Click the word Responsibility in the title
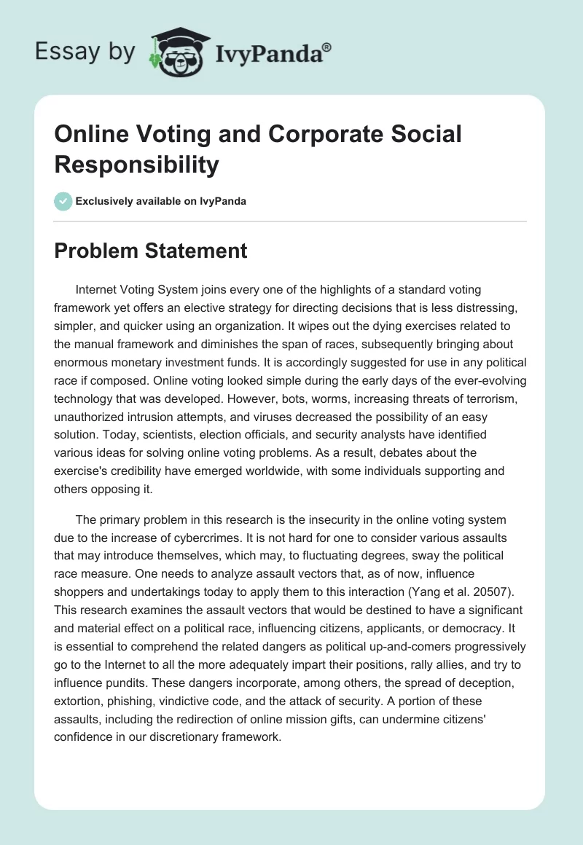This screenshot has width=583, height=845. [137, 165]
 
